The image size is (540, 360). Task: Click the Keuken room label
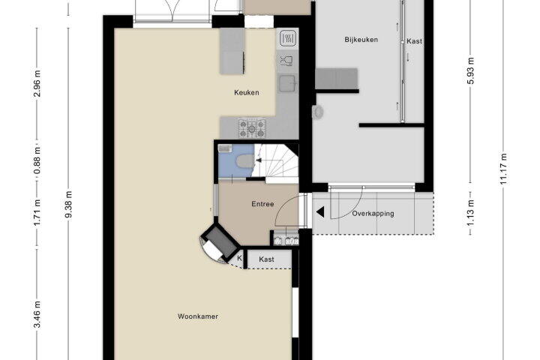pyautogui.click(x=247, y=92)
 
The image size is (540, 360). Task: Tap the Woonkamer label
pyautogui.click(x=198, y=316)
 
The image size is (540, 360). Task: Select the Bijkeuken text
pyautogui.click(x=361, y=40)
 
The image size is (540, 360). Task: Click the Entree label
pyautogui.click(x=262, y=204)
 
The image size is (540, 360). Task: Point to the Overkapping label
pyautogui.click(x=373, y=214)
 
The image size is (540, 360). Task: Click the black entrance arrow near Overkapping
pyautogui.click(x=320, y=212)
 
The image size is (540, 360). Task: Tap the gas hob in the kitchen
pyautogui.click(x=252, y=128)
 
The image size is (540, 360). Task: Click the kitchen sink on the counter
pyautogui.click(x=286, y=83)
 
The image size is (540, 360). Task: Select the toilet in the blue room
pyautogui.click(x=244, y=161)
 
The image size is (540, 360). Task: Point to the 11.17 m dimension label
pyautogui.click(x=503, y=169)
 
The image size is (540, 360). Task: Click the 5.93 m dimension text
pyautogui.click(x=471, y=70)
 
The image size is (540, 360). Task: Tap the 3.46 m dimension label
pyautogui.click(x=37, y=314)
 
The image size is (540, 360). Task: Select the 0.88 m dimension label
pyautogui.click(x=37, y=160)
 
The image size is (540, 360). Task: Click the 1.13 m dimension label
pyautogui.click(x=471, y=213)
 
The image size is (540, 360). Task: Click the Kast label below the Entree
pyautogui.click(x=266, y=259)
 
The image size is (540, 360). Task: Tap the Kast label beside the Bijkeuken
pyautogui.click(x=414, y=41)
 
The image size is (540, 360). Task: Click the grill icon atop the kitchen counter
pyautogui.click(x=288, y=38)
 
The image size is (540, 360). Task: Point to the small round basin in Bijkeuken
pyautogui.click(x=318, y=112)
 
